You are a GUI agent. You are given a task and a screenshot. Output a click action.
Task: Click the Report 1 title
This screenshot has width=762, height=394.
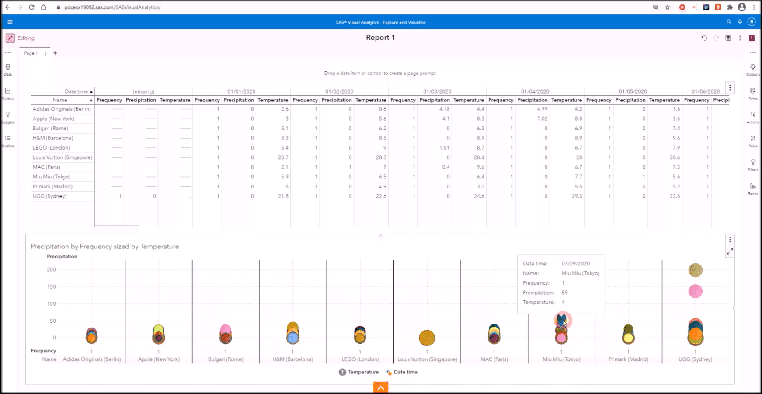tap(380, 38)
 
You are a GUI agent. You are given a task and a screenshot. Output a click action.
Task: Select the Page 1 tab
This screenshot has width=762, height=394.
tap(31, 53)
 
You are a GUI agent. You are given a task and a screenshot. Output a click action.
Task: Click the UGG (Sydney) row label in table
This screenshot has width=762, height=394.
tap(49, 196)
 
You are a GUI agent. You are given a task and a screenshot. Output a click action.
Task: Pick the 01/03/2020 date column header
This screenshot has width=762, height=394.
tap(437, 91)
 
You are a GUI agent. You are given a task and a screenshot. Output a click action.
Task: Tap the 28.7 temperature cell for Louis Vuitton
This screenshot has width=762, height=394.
tap(283, 157)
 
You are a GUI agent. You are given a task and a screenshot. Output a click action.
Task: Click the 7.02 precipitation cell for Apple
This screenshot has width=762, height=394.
tap(542, 119)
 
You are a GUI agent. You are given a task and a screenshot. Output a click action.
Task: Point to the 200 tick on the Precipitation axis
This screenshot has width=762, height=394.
tap(52, 270)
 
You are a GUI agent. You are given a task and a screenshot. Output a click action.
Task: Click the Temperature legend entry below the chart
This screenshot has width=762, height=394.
tap(363, 372)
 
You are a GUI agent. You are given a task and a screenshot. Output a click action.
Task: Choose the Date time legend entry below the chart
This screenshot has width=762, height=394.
tap(405, 372)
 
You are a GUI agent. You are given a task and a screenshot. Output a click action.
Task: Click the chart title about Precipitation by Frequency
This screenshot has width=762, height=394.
tap(105, 247)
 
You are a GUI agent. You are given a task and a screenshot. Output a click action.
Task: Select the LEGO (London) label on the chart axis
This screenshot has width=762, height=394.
tap(360, 359)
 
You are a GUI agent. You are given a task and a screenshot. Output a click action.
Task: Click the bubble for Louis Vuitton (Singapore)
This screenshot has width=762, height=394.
tap(427, 338)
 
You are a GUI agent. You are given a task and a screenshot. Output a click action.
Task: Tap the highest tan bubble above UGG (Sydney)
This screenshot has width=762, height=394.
tap(695, 270)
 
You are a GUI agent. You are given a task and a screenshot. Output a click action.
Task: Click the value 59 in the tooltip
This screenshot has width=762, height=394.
tap(564, 293)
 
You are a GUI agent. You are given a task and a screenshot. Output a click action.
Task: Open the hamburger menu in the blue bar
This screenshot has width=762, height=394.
tap(10, 22)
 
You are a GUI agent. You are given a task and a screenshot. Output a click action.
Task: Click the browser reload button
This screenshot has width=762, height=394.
tap(31, 7)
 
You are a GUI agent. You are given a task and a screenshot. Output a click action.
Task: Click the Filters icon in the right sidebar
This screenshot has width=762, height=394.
tap(753, 163)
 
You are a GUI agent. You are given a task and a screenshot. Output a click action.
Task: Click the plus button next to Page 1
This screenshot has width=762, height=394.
tap(55, 53)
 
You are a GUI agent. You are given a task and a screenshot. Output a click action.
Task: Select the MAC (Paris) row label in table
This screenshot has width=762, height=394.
tap(46, 167)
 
